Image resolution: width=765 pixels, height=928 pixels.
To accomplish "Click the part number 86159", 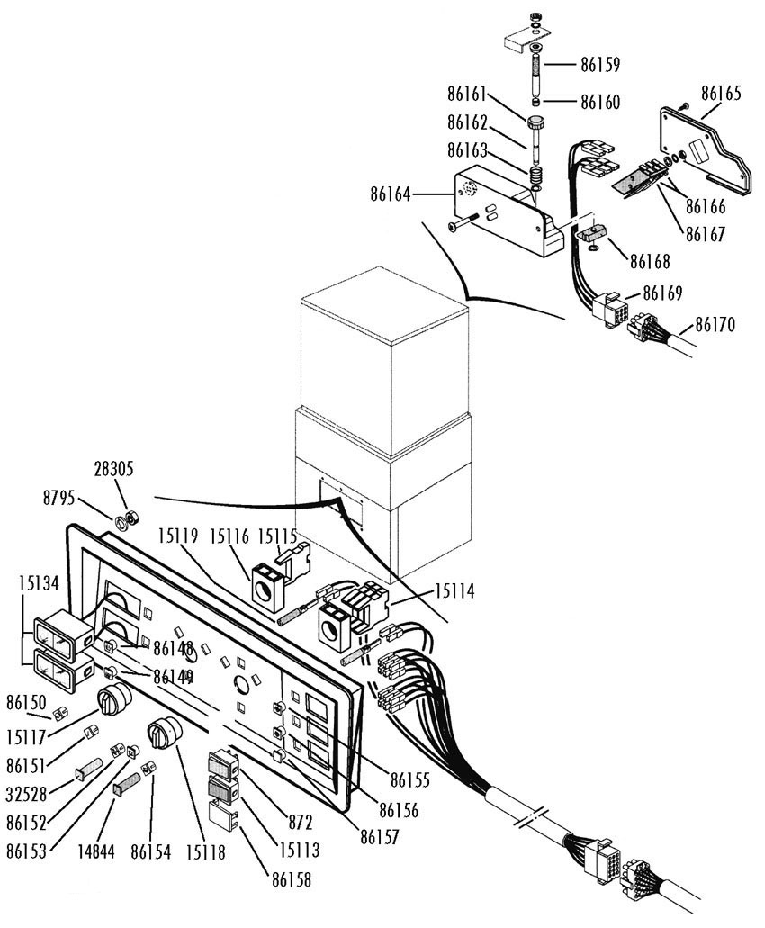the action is [600, 65].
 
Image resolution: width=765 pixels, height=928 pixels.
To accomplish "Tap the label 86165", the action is [721, 94].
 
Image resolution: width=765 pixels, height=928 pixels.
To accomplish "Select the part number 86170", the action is [715, 324].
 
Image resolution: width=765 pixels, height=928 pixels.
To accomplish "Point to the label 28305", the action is [113, 469].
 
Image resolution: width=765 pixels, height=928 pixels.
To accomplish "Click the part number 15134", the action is [39, 583].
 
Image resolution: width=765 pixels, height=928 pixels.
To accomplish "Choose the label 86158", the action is [292, 880].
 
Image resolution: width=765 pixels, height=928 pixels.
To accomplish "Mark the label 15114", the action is [454, 591].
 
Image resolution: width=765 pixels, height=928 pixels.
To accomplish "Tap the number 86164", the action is [391, 194].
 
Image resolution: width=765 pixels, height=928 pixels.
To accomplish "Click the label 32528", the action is [26, 794].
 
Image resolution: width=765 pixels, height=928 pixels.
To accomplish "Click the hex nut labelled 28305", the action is [132, 518].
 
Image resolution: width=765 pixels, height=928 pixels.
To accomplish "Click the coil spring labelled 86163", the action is [536, 176].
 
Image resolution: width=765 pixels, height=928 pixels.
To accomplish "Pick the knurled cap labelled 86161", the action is [536, 125].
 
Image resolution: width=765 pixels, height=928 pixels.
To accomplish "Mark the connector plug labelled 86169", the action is [607, 307].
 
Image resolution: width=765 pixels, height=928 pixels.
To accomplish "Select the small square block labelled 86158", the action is [223, 813].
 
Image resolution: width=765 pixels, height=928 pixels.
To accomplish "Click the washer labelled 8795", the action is [121, 523].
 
